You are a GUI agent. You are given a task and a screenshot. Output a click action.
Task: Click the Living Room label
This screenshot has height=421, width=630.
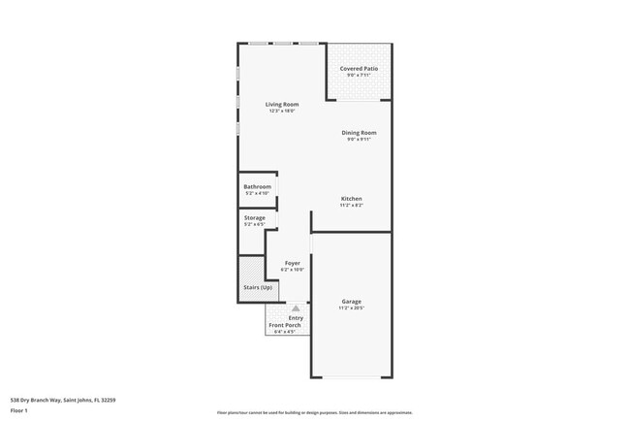(282, 104)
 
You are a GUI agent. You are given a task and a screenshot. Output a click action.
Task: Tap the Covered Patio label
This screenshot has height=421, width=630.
(359, 70)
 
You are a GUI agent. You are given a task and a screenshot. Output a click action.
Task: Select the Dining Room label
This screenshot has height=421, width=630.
(359, 132)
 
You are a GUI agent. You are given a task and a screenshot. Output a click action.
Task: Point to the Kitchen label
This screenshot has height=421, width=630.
(351, 198)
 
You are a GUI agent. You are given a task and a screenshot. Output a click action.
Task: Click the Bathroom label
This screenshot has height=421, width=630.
(257, 186)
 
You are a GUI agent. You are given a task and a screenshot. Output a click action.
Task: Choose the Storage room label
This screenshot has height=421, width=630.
(254, 217)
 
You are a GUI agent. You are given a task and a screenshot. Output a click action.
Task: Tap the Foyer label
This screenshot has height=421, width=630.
(292, 263)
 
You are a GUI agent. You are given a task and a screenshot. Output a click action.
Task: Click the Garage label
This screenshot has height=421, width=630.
(351, 301)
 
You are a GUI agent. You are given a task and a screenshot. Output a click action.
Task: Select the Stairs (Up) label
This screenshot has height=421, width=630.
(257, 288)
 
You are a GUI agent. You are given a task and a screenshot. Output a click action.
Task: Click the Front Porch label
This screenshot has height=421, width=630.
(284, 325)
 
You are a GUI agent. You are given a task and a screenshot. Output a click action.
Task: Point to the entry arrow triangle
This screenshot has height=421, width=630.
(296, 308)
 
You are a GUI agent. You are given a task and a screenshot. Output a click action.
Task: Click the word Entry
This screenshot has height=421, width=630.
(296, 317)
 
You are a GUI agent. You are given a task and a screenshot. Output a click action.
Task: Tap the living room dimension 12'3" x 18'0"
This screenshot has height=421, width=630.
(282, 111)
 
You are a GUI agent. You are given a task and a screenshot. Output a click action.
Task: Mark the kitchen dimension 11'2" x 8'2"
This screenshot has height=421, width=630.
(351, 205)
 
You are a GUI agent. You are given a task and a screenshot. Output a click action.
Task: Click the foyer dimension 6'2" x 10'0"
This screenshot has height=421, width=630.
(292, 270)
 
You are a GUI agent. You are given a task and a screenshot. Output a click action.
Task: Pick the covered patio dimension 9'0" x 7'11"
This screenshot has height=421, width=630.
(359, 77)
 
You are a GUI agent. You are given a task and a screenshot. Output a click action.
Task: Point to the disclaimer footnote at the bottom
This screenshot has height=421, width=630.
(314, 412)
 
